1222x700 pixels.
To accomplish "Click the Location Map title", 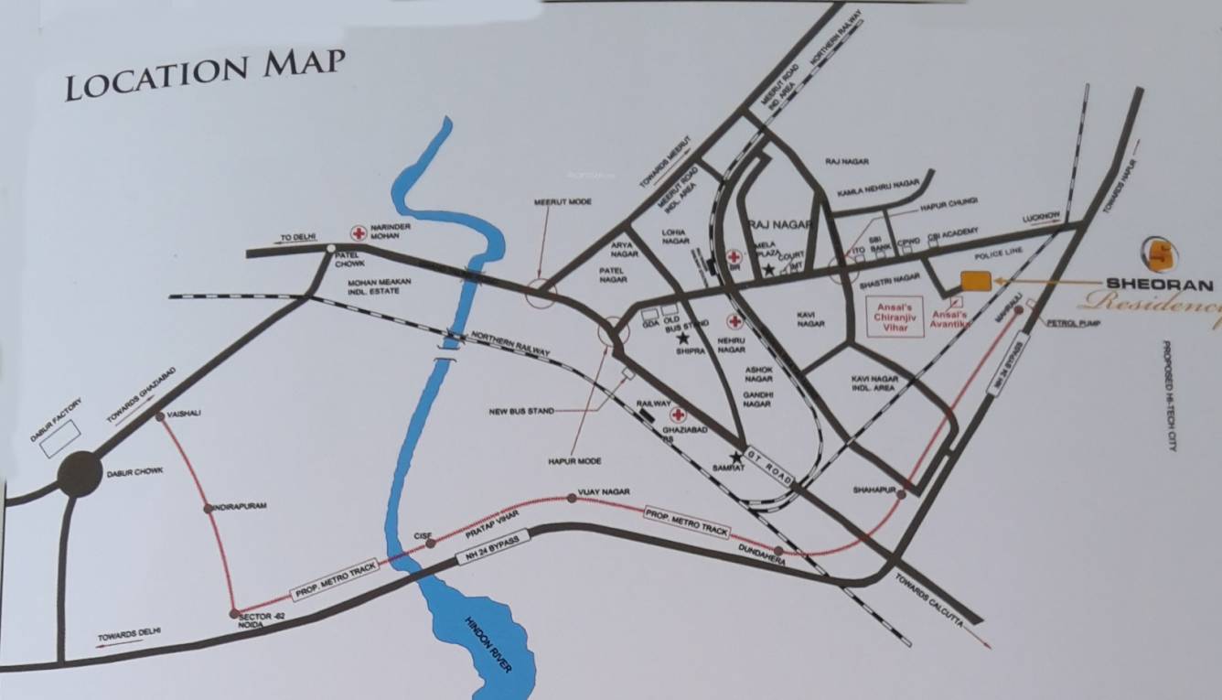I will tap(205, 75).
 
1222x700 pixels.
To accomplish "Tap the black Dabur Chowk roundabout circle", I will tap(80, 474).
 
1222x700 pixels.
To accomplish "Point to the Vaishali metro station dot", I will tap(161, 416).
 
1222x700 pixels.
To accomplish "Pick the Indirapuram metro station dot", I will tap(209, 507).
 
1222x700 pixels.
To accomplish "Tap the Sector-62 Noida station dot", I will tap(234, 613).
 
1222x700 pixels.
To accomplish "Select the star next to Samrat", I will tap(735, 457).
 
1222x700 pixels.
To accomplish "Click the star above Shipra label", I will tap(682, 339).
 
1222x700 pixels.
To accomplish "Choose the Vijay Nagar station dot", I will tap(572, 498).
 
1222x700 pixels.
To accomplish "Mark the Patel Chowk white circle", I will tap(330, 247).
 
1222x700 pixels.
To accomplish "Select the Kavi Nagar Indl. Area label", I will tap(874, 383).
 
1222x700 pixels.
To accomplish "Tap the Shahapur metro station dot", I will tap(901, 494).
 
